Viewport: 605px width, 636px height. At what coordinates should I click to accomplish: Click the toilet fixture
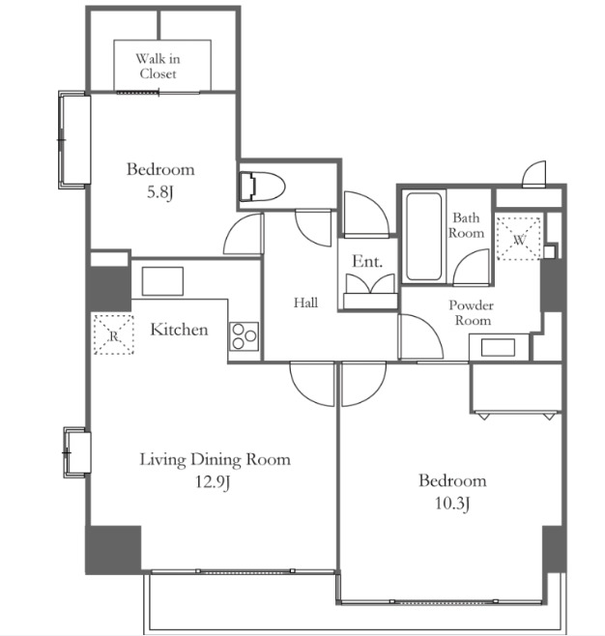click(262, 187)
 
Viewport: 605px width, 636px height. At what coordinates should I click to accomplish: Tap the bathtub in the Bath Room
click(423, 236)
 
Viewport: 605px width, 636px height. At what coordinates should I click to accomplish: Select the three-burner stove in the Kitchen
click(245, 336)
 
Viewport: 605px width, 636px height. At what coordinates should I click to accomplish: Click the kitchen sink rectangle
click(162, 280)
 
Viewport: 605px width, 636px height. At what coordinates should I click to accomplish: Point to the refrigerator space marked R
click(114, 334)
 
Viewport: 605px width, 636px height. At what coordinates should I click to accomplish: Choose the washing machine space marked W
click(519, 239)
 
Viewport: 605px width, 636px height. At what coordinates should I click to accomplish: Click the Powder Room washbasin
click(499, 347)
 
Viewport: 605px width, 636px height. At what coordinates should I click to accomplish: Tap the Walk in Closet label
click(158, 66)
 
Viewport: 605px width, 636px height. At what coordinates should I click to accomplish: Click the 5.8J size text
click(160, 192)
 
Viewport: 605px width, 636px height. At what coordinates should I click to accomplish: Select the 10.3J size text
click(452, 504)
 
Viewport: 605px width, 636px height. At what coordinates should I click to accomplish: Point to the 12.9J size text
click(213, 482)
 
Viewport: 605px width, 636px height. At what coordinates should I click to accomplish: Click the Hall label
click(305, 303)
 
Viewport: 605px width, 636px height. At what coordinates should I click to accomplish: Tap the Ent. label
click(367, 261)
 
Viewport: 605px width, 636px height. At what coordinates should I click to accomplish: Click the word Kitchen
click(179, 330)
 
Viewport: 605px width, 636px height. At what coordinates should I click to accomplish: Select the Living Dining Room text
click(215, 459)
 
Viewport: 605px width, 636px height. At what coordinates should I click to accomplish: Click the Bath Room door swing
click(472, 268)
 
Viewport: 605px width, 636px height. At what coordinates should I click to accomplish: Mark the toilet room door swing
click(313, 227)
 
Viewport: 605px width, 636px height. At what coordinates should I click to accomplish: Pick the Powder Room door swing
click(420, 336)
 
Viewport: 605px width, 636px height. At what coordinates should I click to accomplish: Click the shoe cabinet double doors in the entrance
click(370, 283)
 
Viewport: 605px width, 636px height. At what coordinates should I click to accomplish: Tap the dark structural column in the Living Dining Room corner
click(113, 550)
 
